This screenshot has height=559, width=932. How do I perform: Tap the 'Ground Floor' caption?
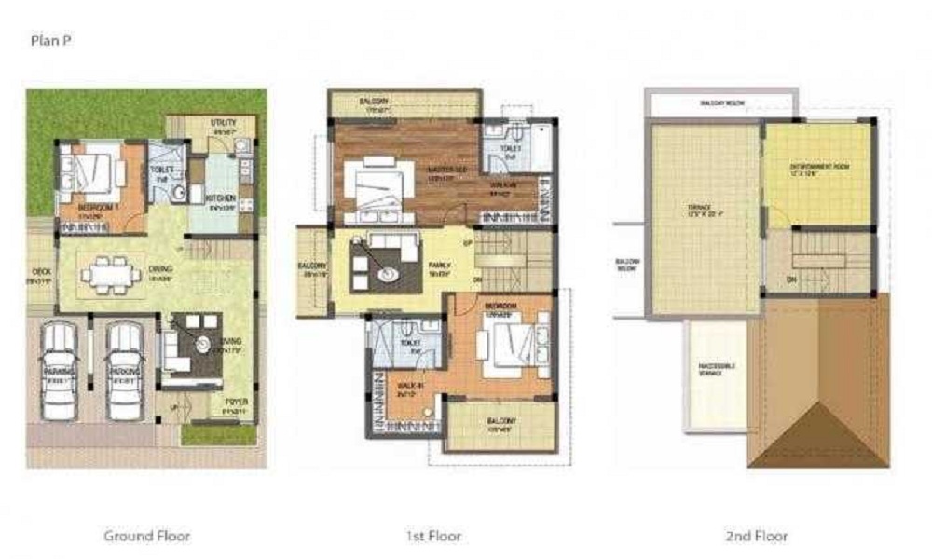[146, 536]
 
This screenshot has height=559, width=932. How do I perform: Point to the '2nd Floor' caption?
[756, 536]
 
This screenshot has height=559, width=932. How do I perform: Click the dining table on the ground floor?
[110, 276]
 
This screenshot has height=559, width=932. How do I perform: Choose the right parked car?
[125, 370]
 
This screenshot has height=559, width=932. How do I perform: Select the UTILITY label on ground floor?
[223, 123]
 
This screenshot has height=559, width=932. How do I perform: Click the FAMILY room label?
[440, 266]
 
